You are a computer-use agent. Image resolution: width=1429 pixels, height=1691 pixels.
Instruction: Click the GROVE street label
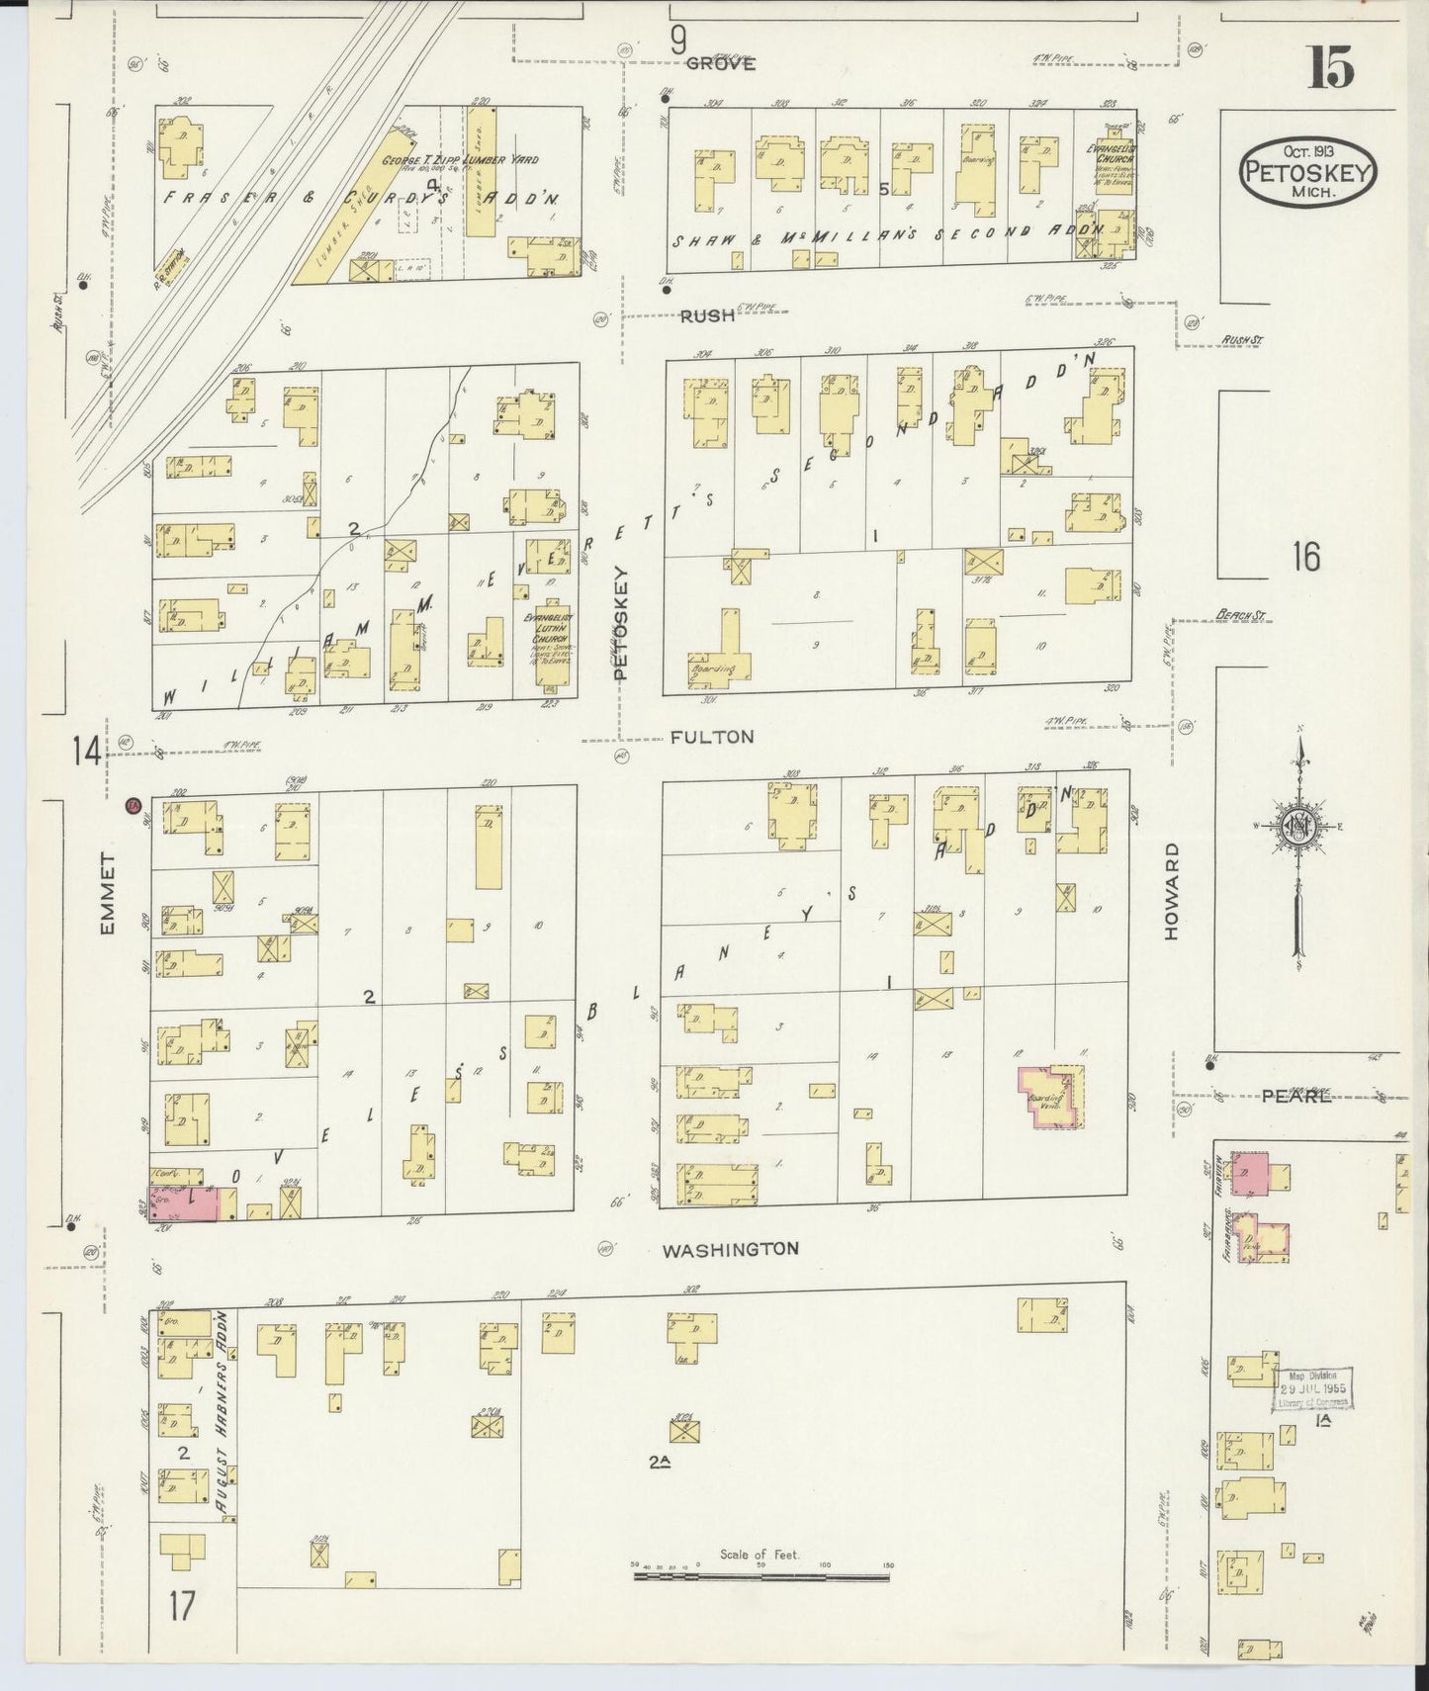(x=721, y=63)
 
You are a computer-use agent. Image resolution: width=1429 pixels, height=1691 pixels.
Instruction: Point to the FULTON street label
(x=711, y=737)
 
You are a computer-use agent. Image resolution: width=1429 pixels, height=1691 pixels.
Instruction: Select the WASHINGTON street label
(x=730, y=1249)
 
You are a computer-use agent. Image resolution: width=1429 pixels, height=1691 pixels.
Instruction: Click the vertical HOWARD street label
(x=1173, y=890)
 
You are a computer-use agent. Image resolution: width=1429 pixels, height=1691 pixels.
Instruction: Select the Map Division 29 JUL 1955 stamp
(x=1311, y=1388)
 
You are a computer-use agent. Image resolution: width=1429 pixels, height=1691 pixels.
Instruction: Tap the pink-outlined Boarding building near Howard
(x=1051, y=1097)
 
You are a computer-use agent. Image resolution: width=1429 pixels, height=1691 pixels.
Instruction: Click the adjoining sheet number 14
(x=86, y=753)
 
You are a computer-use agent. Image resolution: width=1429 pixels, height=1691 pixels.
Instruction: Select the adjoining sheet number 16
(x=1305, y=558)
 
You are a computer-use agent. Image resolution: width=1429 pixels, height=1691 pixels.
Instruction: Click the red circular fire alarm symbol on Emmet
(x=132, y=806)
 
